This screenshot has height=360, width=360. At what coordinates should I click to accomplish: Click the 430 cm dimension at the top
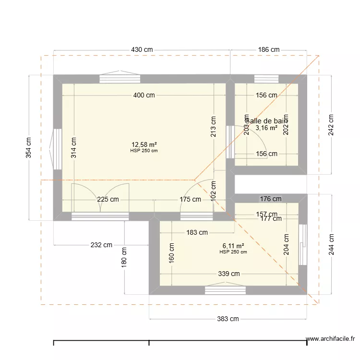tap(142, 50)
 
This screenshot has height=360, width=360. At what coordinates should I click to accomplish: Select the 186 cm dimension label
tap(268, 50)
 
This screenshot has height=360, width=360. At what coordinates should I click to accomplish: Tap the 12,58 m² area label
tap(144, 144)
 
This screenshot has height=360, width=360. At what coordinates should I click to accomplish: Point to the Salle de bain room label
tap(266, 121)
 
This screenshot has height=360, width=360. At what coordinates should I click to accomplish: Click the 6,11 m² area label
tap(233, 245)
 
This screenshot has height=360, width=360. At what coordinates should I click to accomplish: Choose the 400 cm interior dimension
tap(144, 96)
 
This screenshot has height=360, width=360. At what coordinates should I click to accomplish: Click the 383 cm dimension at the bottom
tap(228, 319)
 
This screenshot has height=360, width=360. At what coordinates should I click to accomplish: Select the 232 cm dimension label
tap(101, 245)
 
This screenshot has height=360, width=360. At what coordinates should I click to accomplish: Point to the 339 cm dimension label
tap(228, 274)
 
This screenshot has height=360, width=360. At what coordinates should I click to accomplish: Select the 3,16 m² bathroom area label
tap(266, 128)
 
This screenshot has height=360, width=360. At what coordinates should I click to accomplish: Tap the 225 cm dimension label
tap(108, 200)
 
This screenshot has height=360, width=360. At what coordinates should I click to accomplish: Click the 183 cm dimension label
tap(197, 233)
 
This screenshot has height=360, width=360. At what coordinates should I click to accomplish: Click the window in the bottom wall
tap(225, 289)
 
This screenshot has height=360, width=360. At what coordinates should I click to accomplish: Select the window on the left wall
tap(57, 149)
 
